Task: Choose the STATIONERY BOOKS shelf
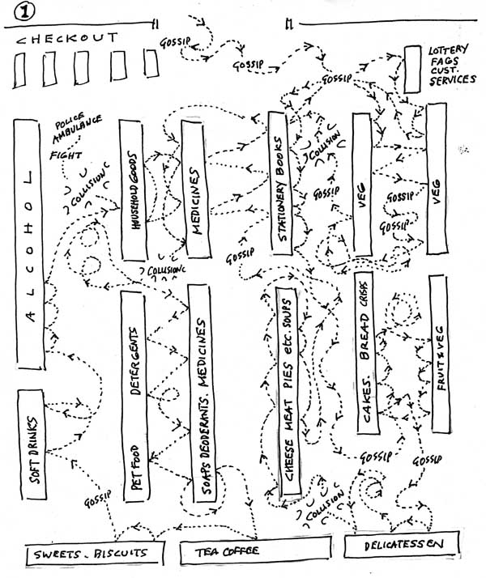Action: [280, 186]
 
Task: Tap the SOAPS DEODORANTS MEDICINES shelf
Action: [202, 393]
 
